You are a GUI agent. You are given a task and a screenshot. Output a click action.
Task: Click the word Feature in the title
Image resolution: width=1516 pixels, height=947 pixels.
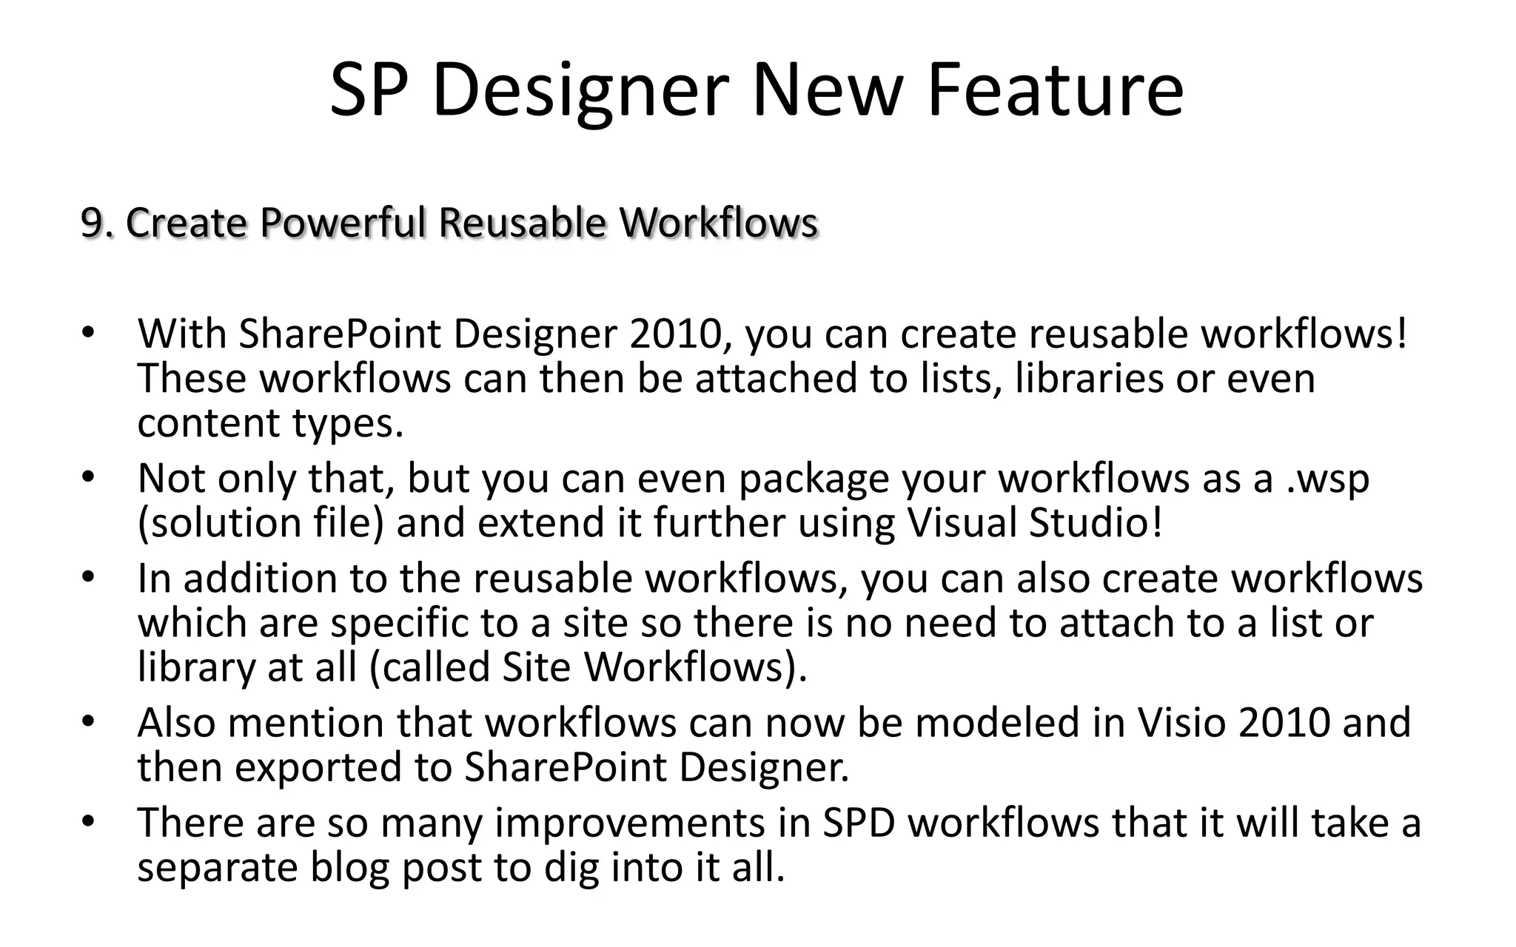1055,90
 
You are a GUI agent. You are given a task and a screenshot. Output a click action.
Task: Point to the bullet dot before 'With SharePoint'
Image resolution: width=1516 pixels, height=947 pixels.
88,332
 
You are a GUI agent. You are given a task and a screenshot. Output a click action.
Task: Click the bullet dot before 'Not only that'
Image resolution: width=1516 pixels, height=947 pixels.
88,477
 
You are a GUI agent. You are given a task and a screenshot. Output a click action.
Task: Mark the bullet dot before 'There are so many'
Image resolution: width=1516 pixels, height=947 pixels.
88,821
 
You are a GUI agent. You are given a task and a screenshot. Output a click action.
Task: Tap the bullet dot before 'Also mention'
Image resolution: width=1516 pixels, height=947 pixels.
88,721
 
